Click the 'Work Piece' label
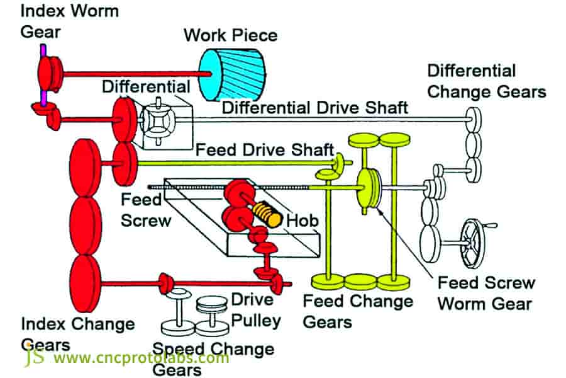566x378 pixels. (230, 35)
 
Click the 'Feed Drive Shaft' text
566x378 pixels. (264, 150)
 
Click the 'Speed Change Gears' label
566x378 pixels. (214, 357)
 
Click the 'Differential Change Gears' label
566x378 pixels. (486, 81)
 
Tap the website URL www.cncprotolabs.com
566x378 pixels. (141, 358)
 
